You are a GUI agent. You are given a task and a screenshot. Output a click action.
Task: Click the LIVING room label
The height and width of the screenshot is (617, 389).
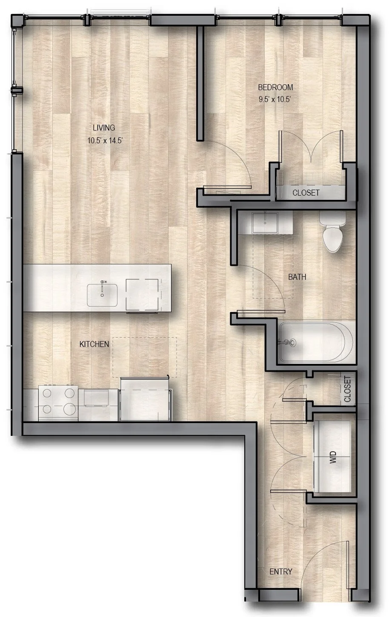click(104, 128)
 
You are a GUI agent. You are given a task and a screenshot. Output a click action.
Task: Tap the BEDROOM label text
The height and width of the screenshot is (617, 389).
click(276, 88)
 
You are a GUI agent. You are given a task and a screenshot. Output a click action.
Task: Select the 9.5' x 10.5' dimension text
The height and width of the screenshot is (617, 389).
click(276, 100)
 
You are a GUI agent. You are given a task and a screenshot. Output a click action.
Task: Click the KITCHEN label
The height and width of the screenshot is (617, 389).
click(94, 344)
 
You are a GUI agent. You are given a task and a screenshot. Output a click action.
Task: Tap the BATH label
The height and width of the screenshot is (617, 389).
click(297, 277)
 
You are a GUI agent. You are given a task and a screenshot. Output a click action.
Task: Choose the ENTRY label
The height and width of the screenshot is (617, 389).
click(281, 572)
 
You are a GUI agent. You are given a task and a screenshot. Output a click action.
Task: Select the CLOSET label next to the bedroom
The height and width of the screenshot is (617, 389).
click(306, 193)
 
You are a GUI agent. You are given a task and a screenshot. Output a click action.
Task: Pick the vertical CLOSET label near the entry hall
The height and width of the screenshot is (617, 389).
click(348, 389)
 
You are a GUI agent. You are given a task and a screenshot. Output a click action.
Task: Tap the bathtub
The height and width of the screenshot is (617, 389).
click(315, 342)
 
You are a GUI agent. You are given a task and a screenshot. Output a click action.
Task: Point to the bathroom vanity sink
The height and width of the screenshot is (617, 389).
click(265, 223)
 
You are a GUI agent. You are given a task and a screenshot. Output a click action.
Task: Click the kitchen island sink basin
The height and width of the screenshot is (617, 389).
click(103, 296)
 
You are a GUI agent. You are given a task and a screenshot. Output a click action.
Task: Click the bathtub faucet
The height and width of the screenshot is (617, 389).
click(289, 341)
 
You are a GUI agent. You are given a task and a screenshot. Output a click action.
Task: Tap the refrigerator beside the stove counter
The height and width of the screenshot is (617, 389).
click(146, 400)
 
